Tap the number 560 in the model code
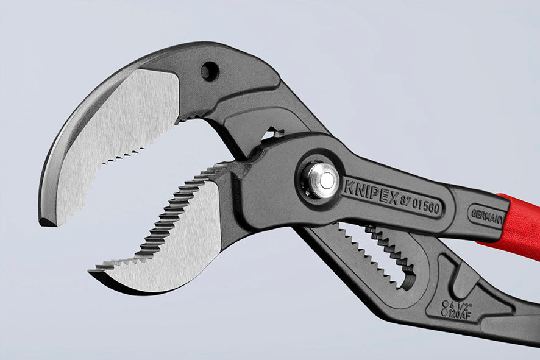click(431, 208)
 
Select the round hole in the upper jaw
click(210, 71)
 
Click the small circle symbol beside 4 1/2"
click(446, 303)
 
